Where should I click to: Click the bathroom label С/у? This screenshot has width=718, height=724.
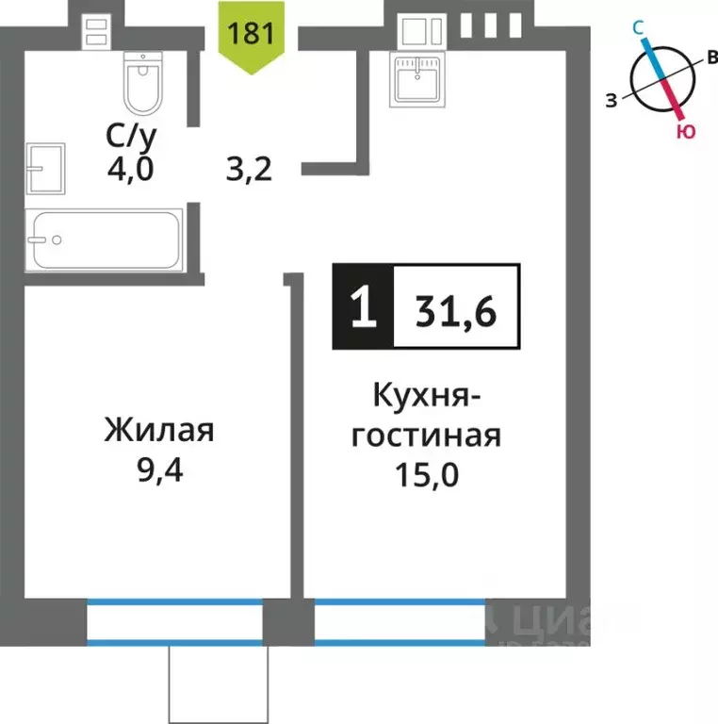132,137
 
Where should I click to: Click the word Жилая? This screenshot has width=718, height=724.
159,432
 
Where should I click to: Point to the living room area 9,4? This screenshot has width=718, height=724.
159,469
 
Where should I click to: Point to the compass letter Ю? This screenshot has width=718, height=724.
686,132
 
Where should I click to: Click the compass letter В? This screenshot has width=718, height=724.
711,58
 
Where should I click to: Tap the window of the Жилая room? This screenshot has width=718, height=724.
174,623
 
